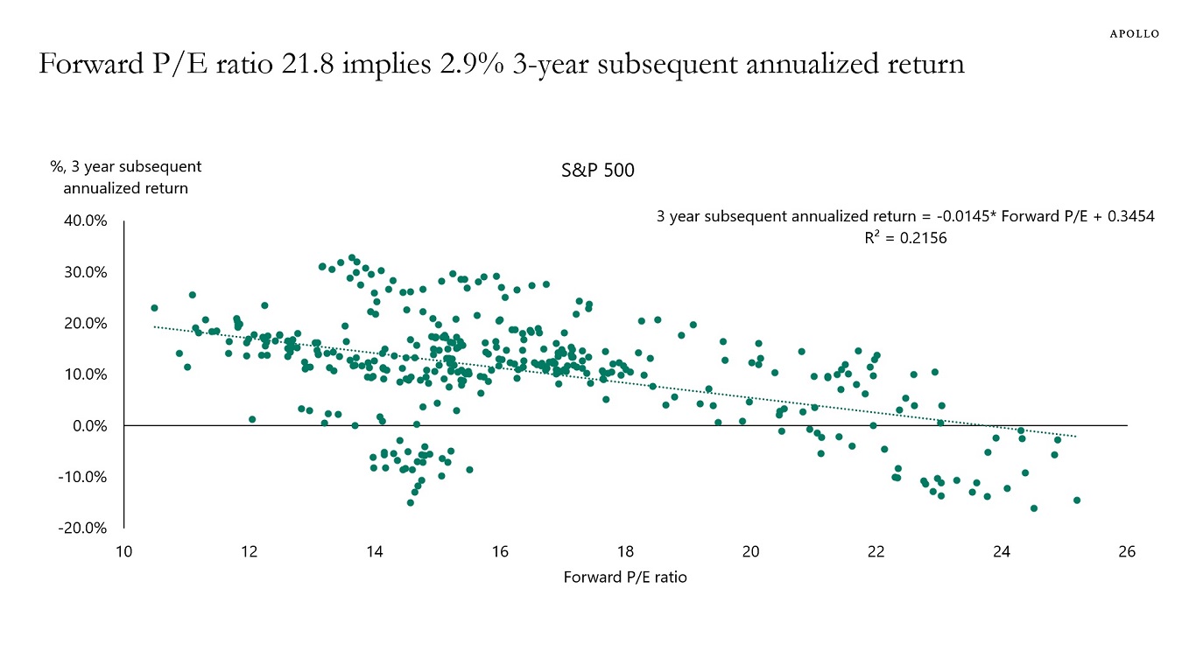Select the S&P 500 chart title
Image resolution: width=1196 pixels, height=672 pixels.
(598, 171)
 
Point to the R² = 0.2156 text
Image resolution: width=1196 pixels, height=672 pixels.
(905, 237)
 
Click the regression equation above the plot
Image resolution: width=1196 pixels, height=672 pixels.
(905, 217)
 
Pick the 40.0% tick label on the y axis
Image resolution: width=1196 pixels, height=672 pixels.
(85, 221)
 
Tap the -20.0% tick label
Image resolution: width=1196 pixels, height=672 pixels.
(83, 528)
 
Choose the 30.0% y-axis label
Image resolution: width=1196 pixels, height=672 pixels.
(85, 272)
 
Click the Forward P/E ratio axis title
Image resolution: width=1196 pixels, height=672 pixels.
(625, 577)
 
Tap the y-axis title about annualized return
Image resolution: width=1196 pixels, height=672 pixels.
(126, 177)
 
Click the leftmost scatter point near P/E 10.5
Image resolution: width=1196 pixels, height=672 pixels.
(154, 308)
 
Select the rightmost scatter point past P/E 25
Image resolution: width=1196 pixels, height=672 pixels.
(1077, 500)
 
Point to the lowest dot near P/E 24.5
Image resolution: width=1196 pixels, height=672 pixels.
(1034, 508)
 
